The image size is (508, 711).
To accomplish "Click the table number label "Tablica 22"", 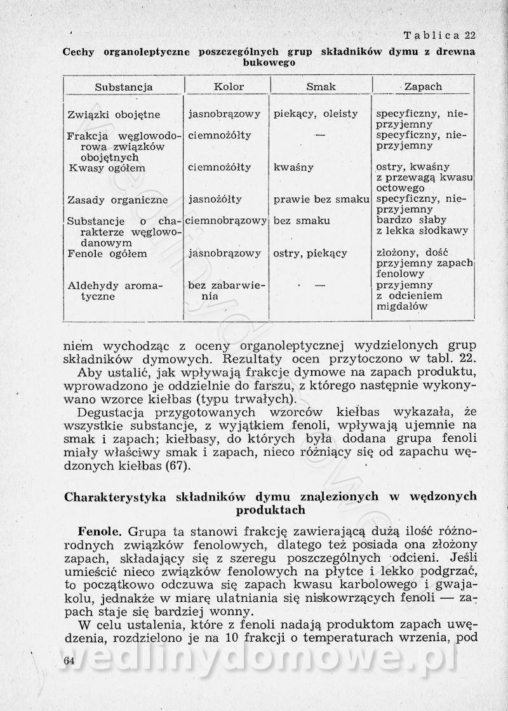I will click(439, 35).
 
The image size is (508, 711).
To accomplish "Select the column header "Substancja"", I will click(124, 86).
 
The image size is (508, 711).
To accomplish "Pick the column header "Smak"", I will click(321, 86).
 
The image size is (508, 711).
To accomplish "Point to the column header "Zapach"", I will click(423, 86).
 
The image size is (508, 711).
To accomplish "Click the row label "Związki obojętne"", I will click(114, 115).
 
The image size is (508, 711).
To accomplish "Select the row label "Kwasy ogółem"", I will click(107, 168).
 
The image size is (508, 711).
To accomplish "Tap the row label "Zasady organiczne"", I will click(117, 200).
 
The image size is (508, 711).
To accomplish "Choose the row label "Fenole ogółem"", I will click(107, 254).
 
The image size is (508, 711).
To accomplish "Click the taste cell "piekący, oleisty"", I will click(316, 114).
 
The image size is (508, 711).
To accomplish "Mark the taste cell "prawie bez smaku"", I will click(321, 199).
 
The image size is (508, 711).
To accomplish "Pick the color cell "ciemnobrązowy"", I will click(227, 221).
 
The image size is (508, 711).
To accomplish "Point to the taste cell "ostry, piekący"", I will click(311, 254).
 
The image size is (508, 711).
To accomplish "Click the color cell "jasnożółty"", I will click(215, 199).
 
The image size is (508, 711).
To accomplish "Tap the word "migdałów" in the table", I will click(401, 307).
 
